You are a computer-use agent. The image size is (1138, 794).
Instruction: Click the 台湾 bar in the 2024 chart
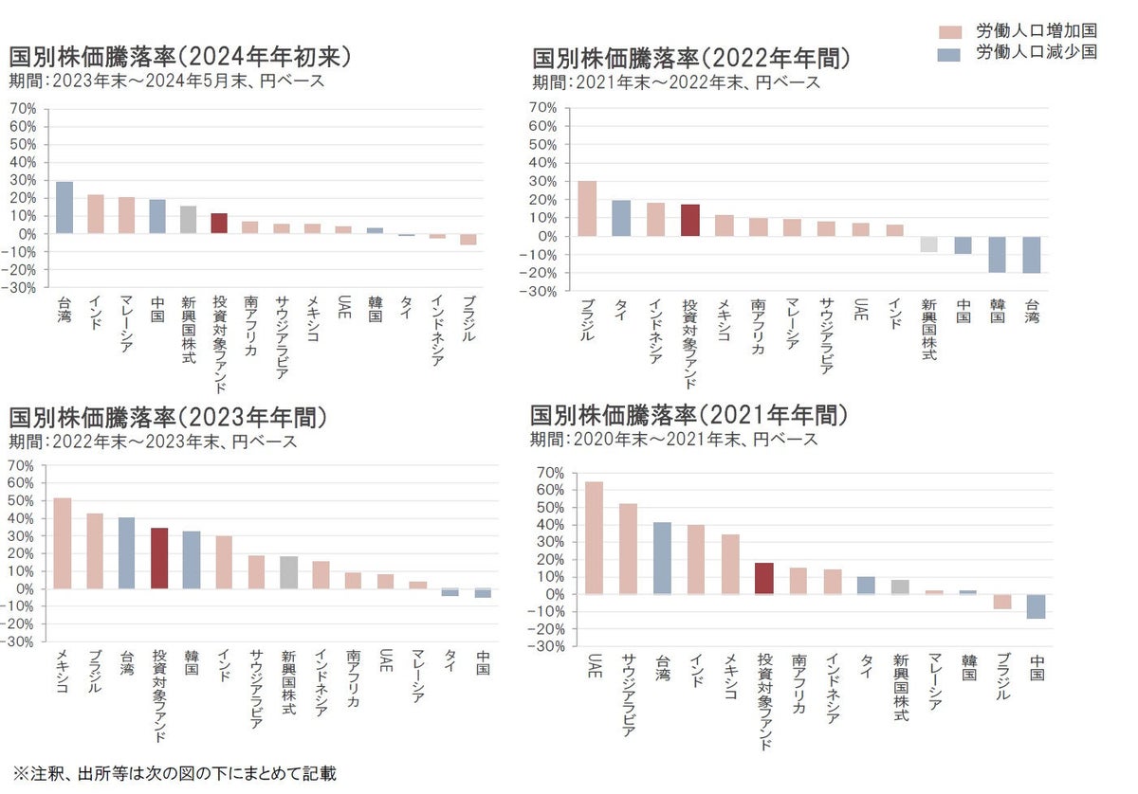tap(64, 208)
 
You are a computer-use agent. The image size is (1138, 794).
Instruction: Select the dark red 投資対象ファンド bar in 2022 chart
tap(690, 220)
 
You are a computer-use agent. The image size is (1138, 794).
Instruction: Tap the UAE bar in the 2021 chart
tap(594, 537)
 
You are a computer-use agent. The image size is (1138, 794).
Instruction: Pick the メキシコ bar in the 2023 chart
tap(63, 543)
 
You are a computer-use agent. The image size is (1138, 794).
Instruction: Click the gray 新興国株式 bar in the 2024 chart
tap(188, 219)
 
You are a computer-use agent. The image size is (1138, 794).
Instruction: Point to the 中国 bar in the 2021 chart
tap(1037, 606)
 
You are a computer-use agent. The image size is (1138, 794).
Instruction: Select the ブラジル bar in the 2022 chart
tap(587, 208)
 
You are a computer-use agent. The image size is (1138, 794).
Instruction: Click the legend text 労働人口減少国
tap(1037, 53)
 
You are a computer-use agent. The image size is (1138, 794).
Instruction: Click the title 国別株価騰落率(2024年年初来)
tap(180, 57)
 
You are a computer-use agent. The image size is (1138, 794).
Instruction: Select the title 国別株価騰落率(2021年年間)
tap(688, 415)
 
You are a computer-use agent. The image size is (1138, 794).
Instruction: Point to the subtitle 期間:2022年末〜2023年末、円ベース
tap(153, 442)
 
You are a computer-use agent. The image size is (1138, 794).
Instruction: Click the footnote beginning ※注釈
tap(174, 773)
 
